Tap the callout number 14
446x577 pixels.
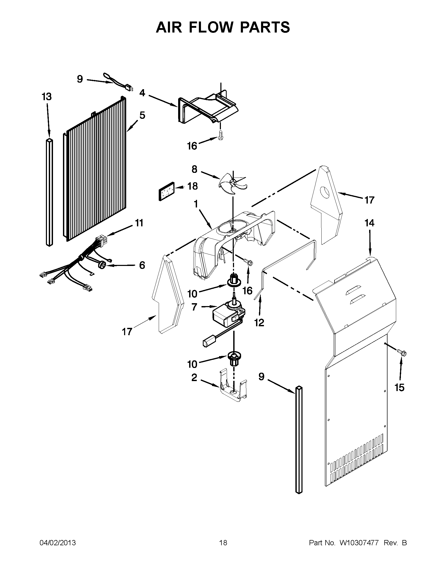[369, 223]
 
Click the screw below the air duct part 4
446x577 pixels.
[220, 135]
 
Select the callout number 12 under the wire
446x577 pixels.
[259, 322]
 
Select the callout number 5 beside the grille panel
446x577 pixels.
[142, 115]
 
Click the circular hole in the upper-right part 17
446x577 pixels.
[325, 191]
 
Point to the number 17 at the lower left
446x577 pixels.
[127, 332]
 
